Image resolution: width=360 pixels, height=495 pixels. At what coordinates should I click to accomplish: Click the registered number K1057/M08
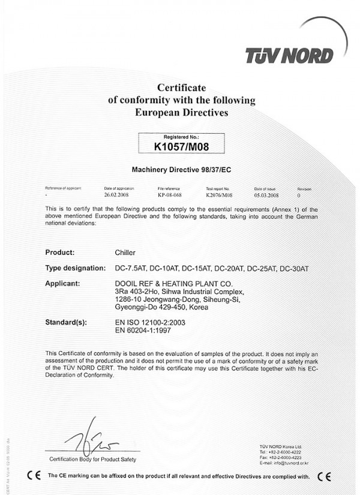click(x=181, y=146)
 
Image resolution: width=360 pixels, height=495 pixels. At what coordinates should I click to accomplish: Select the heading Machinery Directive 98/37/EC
click(x=181, y=170)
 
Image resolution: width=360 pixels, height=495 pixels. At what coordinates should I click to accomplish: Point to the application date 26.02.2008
click(x=116, y=195)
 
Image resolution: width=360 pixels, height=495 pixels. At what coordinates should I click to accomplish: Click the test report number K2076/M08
click(x=218, y=195)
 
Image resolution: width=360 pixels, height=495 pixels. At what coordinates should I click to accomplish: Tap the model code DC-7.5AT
click(x=130, y=267)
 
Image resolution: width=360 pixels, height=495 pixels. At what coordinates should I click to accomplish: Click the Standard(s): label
click(x=66, y=322)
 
